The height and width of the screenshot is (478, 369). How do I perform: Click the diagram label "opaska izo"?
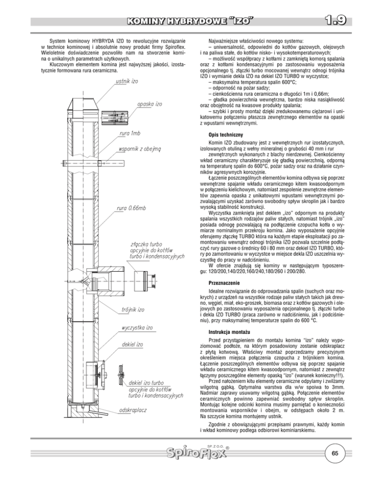(x=150, y=103)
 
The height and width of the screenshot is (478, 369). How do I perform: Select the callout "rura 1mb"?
(x=130, y=132)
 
